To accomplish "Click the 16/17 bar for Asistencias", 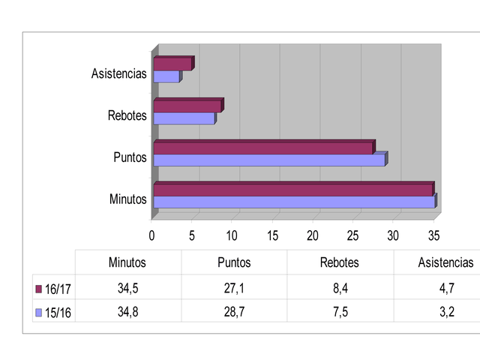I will [172, 64].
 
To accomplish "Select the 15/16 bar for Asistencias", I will [166, 76].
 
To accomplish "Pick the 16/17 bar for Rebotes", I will [187, 106].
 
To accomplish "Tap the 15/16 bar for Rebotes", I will [184, 118].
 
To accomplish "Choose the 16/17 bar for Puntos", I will [263, 148].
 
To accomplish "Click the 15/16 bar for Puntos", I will [269, 160].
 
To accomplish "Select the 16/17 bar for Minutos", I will [292, 190].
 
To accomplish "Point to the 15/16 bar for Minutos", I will [294, 202].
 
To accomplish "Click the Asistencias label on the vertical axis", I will [119, 73].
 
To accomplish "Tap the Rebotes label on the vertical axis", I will [127, 115].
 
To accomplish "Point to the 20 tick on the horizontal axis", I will [313, 235].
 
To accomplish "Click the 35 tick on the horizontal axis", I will [433, 235].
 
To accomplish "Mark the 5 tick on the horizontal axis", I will [192, 235].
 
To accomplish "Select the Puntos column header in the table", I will [234, 262].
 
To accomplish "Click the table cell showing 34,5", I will [127, 288].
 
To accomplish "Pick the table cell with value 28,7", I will [234, 311].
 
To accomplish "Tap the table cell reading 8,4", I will [340, 288].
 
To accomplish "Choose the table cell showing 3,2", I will [445, 311].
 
